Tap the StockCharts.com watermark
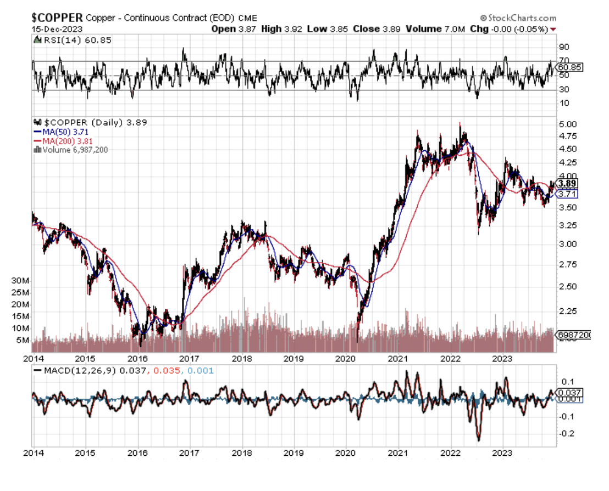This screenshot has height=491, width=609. (518, 18)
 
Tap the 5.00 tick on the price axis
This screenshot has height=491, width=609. (567, 124)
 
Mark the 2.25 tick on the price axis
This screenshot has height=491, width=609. (567, 311)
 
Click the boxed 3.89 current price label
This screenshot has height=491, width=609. (567, 183)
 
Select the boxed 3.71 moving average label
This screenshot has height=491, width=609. (567, 194)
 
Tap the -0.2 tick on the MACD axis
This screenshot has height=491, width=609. (566, 434)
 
